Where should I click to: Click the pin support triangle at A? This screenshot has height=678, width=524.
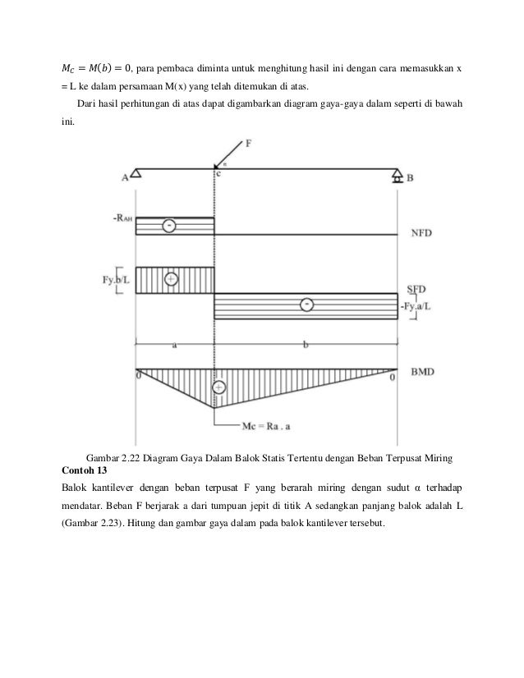coord(136,173)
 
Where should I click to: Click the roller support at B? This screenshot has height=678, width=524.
coord(397,175)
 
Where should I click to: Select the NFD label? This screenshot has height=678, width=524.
coord(421,233)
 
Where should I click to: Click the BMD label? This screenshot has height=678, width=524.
coord(421,372)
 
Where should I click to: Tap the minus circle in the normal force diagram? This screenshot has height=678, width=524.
coord(168,225)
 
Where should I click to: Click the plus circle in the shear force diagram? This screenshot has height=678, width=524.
coord(171,279)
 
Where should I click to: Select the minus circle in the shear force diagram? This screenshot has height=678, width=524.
coord(306,305)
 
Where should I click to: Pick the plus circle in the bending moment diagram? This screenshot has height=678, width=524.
coord(219,387)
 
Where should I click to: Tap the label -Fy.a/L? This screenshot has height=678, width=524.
coord(418,306)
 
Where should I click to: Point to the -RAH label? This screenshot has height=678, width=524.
coord(122,218)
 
